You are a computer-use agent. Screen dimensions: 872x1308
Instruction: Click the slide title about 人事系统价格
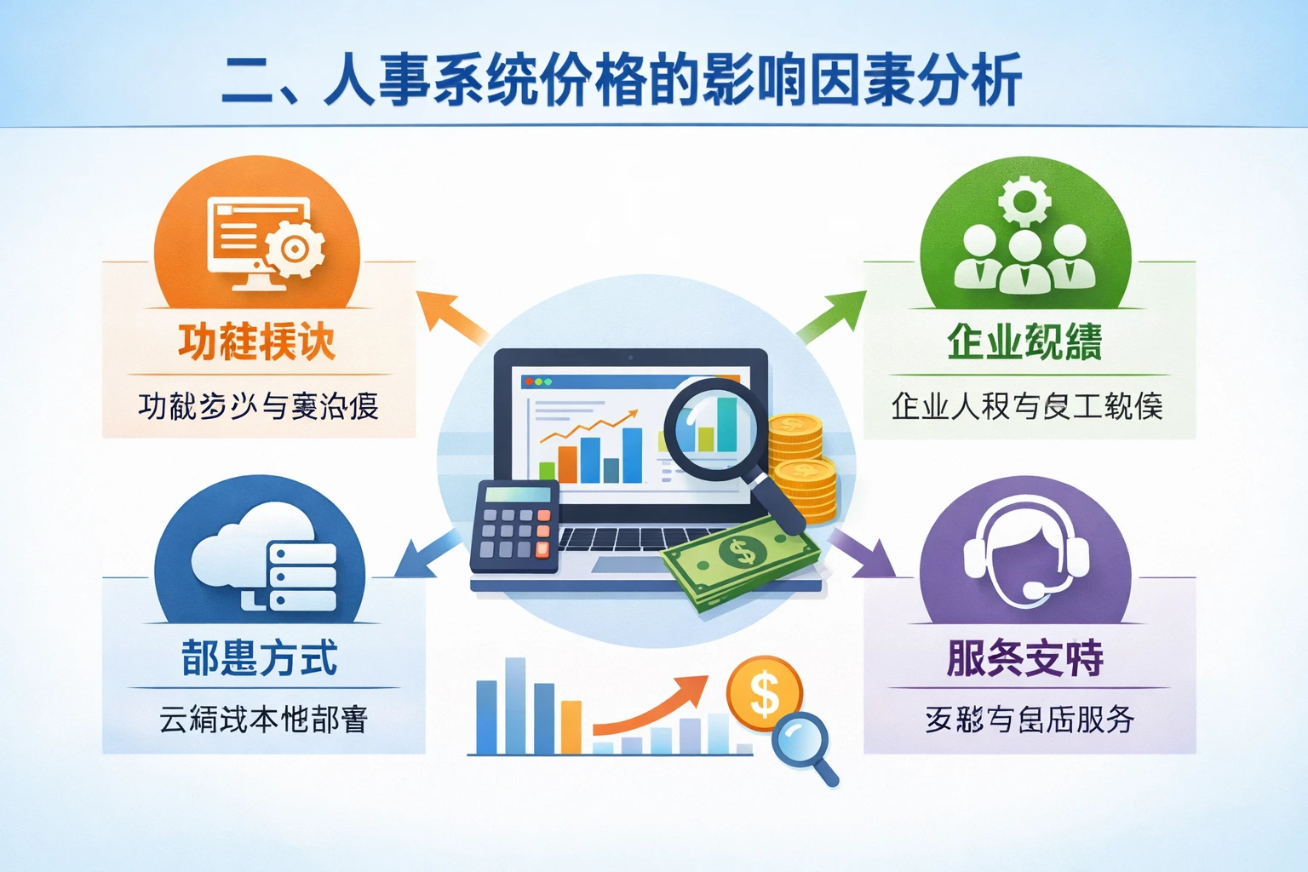[622, 80]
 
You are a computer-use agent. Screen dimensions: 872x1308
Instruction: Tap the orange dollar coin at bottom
[764, 693]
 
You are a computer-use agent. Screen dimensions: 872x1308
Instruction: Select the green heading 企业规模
[1024, 342]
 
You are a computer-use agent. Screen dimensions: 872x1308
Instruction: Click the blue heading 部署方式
[260, 657]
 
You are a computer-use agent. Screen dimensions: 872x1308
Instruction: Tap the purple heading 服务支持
[1025, 657]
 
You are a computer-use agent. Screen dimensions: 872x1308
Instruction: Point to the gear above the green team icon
[1024, 201]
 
